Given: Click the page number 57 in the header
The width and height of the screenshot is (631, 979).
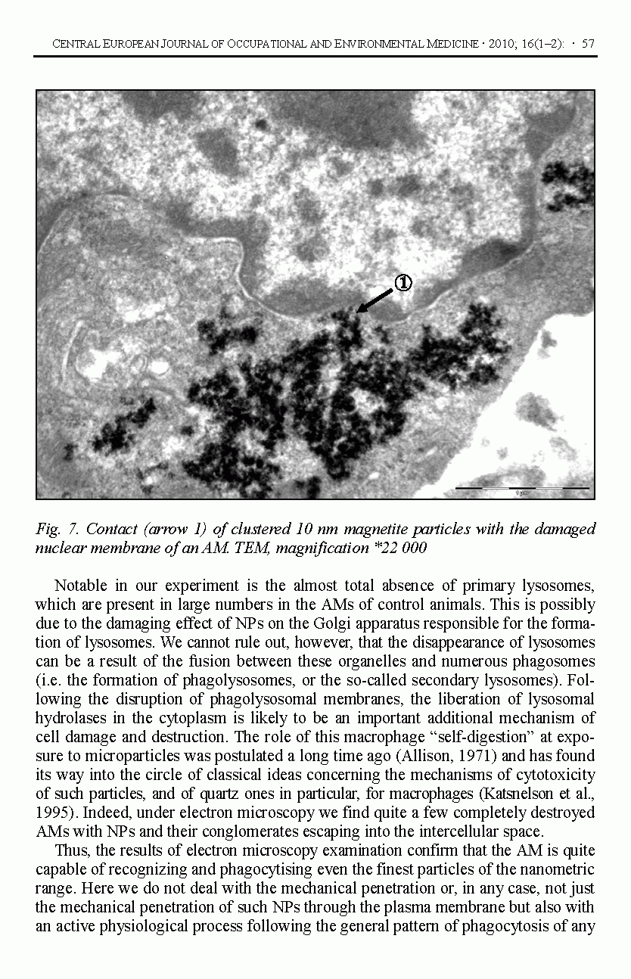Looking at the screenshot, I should coord(587,44).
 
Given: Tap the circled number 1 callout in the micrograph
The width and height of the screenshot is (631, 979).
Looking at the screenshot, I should coord(403,283).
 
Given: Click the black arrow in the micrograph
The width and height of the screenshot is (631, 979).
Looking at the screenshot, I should coord(374,300).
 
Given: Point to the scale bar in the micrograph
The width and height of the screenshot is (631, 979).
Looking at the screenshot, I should coord(522,489).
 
